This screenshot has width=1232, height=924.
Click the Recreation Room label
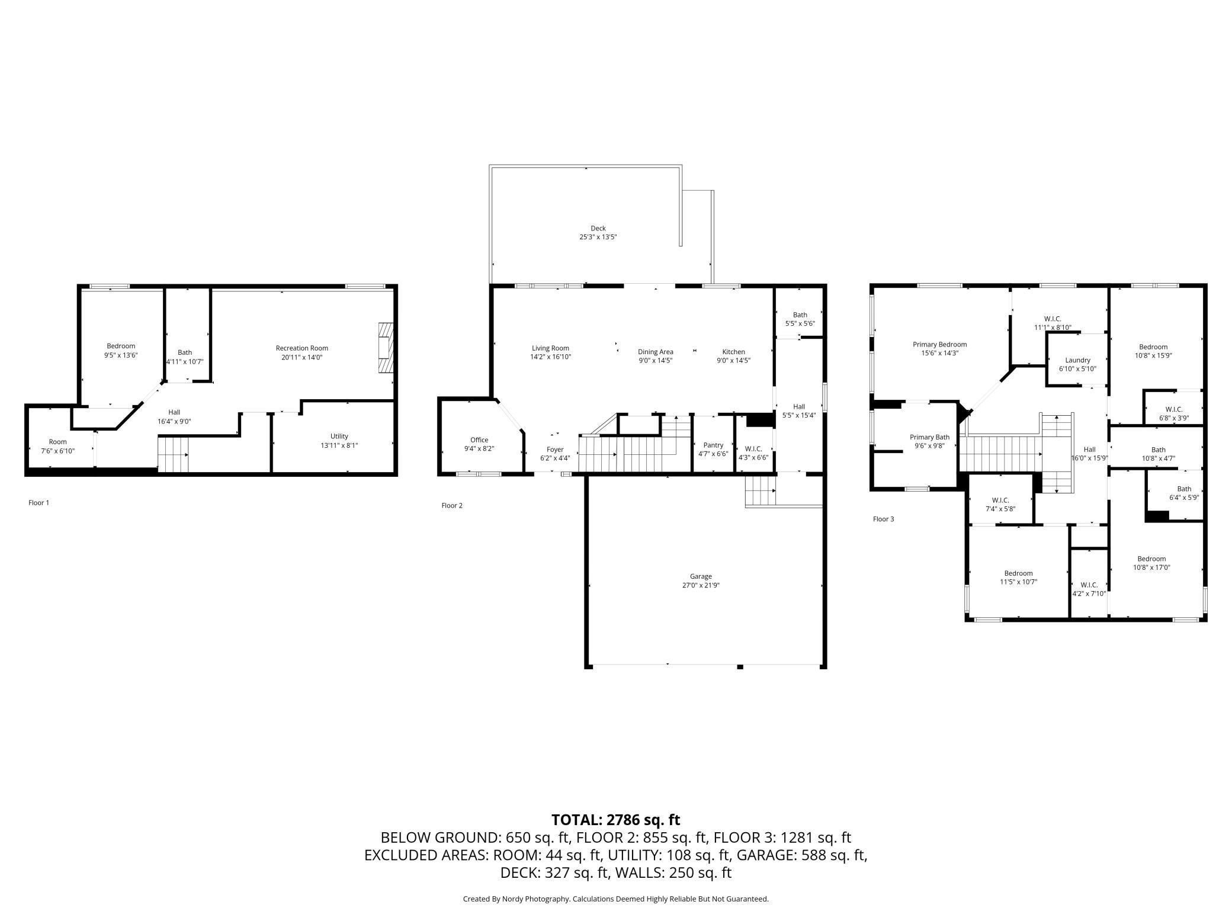point(301,348)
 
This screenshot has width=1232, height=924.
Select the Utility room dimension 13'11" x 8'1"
point(339,445)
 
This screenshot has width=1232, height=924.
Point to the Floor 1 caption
point(38,503)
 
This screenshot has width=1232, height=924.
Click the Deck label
point(598,228)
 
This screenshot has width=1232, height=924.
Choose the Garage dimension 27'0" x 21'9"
point(701,585)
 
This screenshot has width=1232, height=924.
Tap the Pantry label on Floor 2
point(713,445)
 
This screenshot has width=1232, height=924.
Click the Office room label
point(479,440)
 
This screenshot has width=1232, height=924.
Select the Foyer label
point(555,450)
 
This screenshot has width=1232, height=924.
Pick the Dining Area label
point(655,352)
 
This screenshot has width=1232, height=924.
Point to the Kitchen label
point(733,352)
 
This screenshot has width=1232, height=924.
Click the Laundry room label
point(1077,360)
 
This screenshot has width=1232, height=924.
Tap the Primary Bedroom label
point(939,344)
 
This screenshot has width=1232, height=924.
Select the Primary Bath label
point(929,437)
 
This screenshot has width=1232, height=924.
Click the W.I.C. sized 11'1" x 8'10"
point(1053,323)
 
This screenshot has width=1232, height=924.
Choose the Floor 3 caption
point(883,519)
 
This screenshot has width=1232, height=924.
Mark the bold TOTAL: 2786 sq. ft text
point(615,820)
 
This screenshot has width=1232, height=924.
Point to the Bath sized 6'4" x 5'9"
point(1184,493)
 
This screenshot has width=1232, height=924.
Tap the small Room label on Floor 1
point(58,442)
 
